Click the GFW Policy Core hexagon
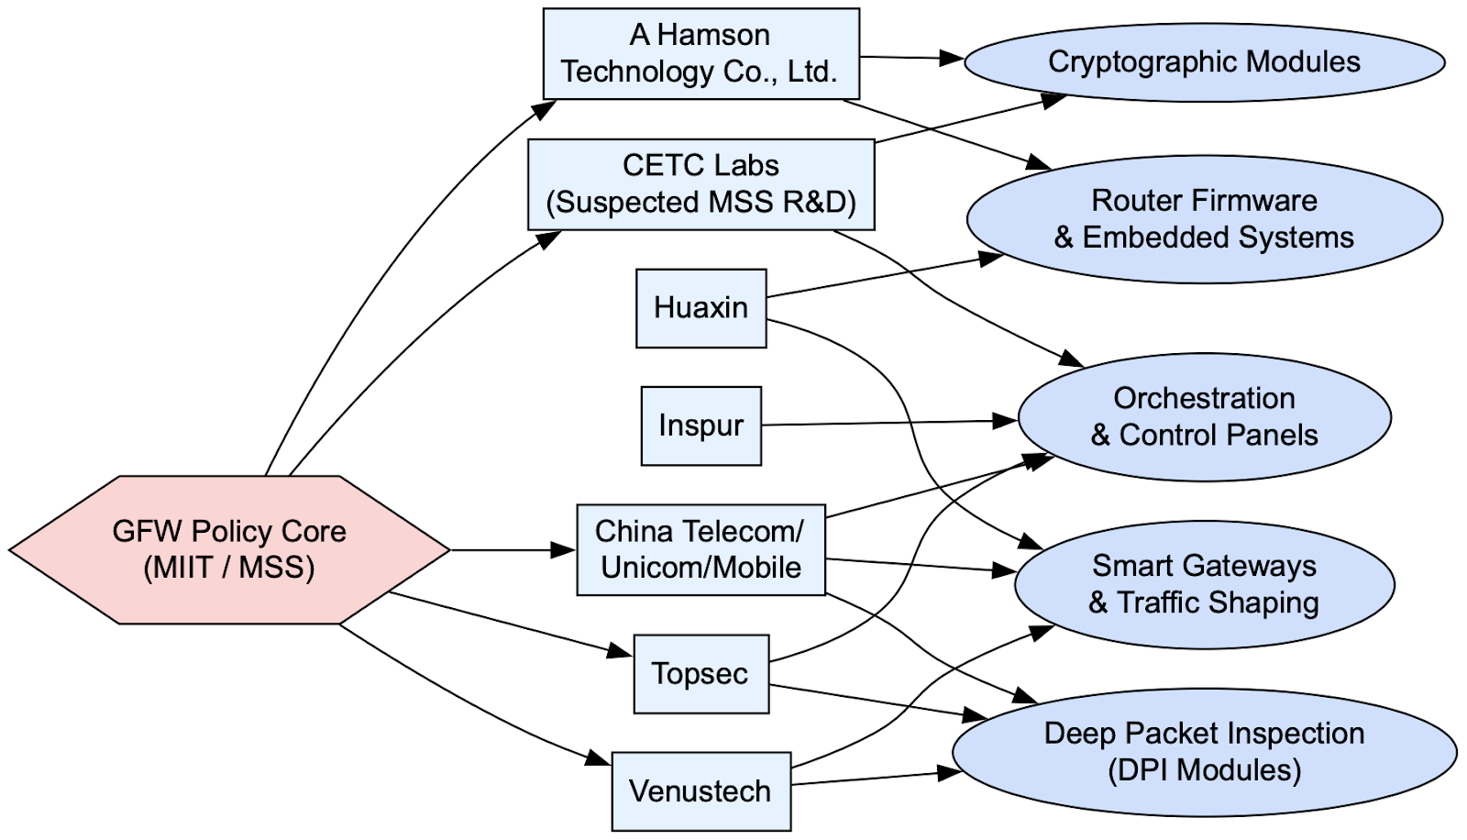229,549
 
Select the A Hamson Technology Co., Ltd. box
700,54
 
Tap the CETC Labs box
700,184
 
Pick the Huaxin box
700,308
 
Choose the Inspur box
700,426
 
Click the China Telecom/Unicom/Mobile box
700,549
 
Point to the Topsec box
700,674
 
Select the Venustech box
700,791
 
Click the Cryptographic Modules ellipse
1204,62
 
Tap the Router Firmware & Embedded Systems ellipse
1204,219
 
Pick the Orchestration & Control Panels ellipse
1204,416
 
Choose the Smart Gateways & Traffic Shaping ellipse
1204,584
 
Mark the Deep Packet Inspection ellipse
1204,752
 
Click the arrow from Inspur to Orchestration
889,423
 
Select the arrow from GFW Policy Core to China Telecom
513,549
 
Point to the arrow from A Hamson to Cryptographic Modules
911,58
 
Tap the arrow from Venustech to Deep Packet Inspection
877,779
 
